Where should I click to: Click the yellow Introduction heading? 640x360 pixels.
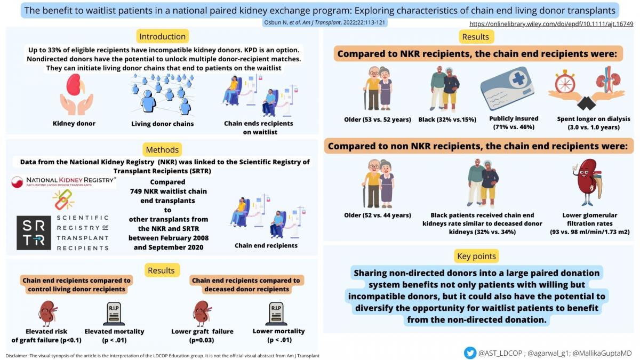point(162,37)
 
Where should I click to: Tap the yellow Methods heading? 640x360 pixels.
point(162,150)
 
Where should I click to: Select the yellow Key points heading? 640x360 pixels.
point(476,256)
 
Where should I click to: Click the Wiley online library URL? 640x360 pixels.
point(551,24)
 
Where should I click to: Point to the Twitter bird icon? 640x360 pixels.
point(470,353)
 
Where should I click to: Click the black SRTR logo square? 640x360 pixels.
point(34,233)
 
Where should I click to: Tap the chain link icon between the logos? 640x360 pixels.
point(63,199)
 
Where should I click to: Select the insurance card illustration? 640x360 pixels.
point(507,89)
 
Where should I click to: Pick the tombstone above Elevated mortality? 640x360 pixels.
point(114,314)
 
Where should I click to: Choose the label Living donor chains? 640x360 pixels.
point(162,124)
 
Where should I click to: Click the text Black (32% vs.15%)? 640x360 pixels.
point(447,119)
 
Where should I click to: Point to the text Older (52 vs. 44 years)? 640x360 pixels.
point(378,215)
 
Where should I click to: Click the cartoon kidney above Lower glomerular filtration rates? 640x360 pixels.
point(588,182)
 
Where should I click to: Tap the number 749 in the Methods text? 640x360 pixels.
point(136,191)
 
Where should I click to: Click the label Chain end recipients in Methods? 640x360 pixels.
point(266,245)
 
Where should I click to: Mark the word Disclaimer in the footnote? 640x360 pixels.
point(17,356)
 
